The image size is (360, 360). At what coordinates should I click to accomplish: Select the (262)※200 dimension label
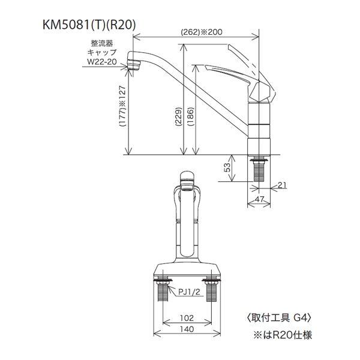click(196, 33)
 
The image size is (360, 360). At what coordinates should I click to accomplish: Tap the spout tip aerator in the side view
click(135, 62)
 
